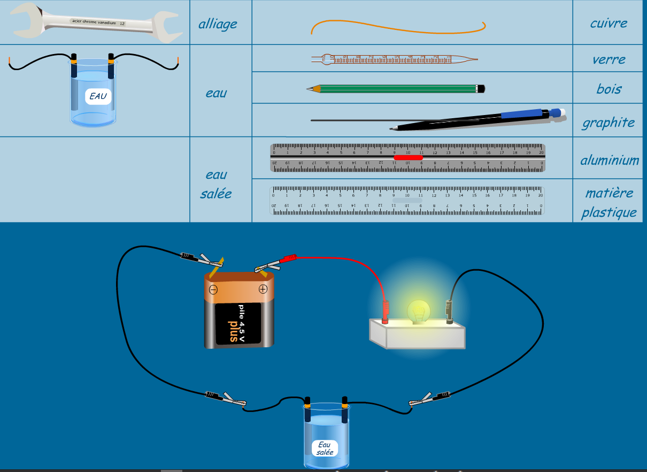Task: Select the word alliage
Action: coord(218,24)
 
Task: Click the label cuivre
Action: coord(609,23)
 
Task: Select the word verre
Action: coord(609,59)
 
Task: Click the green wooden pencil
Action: coord(396,88)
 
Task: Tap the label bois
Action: coord(609,89)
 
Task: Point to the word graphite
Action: coord(609,123)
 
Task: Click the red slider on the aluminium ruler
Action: coord(408,157)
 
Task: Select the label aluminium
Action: coord(610,160)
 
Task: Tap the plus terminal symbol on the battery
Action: coord(263,290)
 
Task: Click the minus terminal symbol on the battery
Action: coord(213,290)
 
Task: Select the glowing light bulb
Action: coord(419,310)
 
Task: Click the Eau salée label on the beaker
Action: coord(325,448)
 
